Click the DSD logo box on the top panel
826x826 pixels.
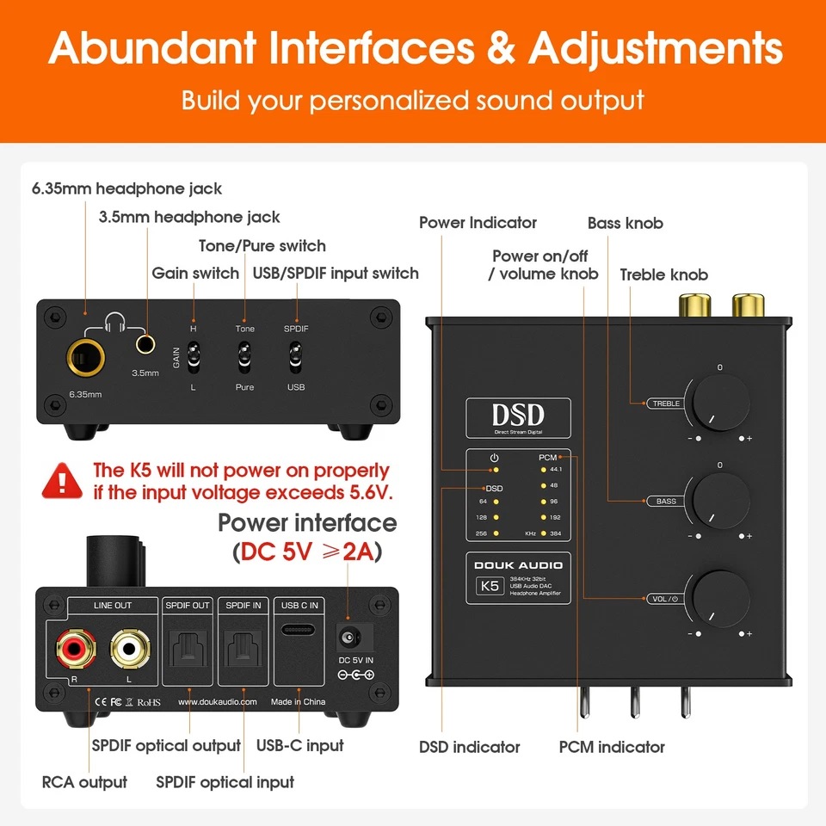coord(518,416)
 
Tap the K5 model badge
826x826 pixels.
coord(488,587)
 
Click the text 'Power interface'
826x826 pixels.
coord(307,523)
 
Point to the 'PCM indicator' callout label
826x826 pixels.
coord(612,747)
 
